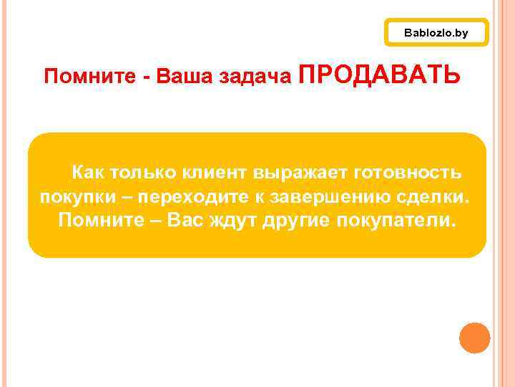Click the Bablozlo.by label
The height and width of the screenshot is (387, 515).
click(436, 33)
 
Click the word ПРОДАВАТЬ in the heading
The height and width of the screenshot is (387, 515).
click(380, 74)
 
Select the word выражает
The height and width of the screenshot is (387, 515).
click(294, 173)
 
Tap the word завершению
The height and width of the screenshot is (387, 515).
click(325, 197)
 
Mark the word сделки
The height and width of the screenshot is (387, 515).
click(436, 196)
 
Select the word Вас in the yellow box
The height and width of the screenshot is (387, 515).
click(185, 220)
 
